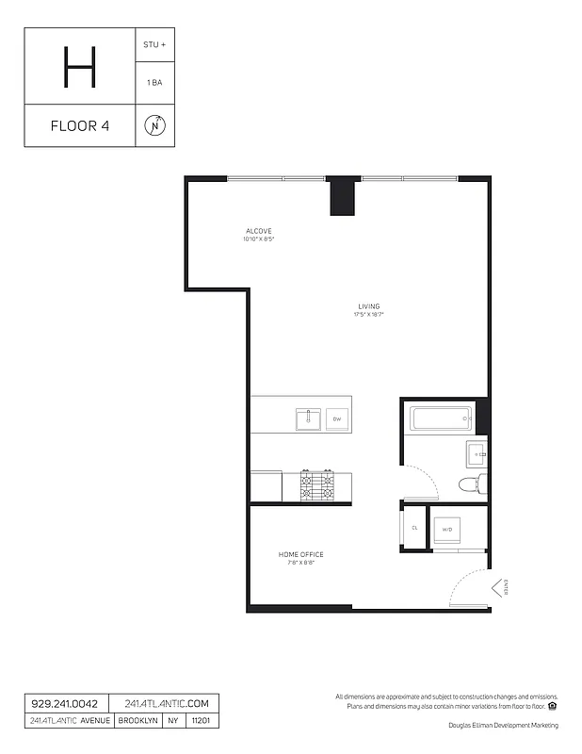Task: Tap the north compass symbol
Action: point(155,126)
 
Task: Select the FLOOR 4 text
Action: point(79,126)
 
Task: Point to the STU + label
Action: point(155,43)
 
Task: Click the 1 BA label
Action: point(155,84)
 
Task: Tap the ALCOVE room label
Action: point(259,231)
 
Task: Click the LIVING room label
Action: point(368,306)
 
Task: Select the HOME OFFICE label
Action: point(300,554)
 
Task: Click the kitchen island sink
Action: point(307,418)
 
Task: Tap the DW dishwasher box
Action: point(336,418)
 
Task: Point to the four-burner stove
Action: point(317,485)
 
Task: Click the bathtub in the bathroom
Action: point(440,418)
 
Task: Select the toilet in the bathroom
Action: point(468,485)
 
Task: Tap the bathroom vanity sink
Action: point(477,454)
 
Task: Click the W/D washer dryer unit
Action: point(447,529)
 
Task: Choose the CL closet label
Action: point(413,528)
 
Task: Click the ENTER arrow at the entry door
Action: point(499,589)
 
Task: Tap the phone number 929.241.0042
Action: point(65,704)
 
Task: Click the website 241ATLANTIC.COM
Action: point(165,704)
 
